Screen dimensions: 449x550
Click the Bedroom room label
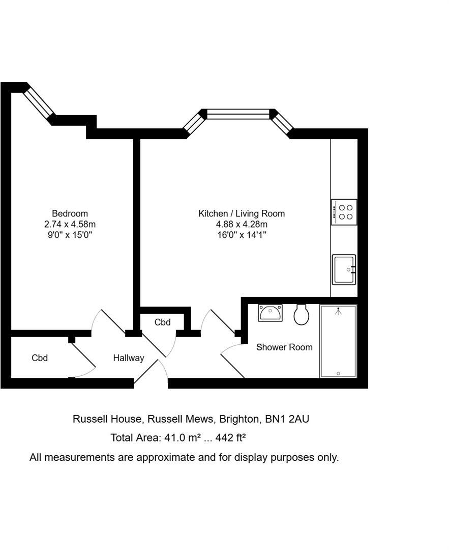coord(70,213)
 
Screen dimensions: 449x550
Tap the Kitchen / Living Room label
coord(242,213)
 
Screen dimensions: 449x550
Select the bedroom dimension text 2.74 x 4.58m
coord(70,224)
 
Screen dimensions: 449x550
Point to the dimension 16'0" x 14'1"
coord(242,235)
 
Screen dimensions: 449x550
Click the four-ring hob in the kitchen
coord(344,212)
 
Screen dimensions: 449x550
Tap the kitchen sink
coord(344,269)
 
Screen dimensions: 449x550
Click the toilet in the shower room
coord(301,314)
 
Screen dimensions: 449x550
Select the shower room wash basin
coord(270,313)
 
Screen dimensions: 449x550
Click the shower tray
coord(338,341)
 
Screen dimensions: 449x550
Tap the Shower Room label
coord(284,347)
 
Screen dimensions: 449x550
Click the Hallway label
coord(129,358)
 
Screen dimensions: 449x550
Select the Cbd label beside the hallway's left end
coord(40,358)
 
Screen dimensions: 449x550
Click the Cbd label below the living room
coord(163,322)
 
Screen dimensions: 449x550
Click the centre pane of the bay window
coord(238,115)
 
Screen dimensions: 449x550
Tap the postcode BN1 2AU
coord(287,419)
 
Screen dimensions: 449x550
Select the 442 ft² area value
coord(230,438)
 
